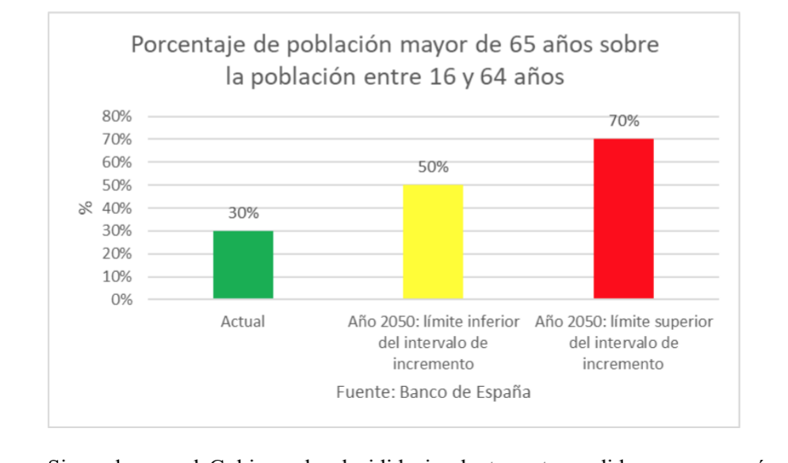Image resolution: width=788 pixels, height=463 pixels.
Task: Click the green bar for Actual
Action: [x=243, y=265]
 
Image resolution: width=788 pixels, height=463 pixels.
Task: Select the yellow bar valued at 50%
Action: [x=433, y=242]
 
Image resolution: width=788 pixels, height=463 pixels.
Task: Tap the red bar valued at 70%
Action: [x=623, y=219]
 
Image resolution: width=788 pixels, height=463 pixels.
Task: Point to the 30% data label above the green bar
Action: [x=243, y=214]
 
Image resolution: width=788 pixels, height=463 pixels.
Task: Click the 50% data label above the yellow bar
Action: [x=433, y=167]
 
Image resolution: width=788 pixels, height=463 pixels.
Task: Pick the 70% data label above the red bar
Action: [x=623, y=121]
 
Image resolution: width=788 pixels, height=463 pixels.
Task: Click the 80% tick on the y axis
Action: [x=116, y=117]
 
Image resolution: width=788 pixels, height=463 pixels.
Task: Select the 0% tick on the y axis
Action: [x=120, y=300]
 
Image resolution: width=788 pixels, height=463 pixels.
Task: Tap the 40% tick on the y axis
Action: [x=116, y=209]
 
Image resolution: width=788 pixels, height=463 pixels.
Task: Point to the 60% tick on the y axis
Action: [x=116, y=163]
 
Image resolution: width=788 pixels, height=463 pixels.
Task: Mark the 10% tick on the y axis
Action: [x=116, y=277]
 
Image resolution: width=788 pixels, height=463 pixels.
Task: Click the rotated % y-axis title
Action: [x=85, y=208]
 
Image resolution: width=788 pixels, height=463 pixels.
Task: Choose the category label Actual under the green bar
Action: [x=243, y=323]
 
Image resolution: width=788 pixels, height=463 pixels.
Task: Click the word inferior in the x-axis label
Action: [x=493, y=323]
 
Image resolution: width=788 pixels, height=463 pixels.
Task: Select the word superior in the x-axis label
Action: [x=683, y=323]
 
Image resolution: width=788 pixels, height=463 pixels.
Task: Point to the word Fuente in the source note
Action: [x=360, y=392]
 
